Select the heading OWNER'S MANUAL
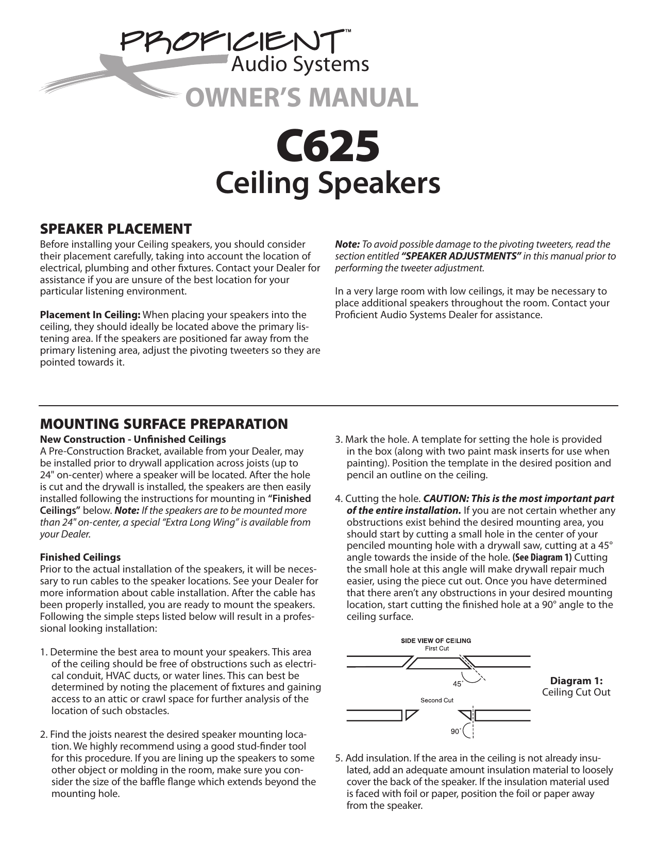pos(302,98)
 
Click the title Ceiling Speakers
pos(328,183)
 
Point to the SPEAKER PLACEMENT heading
pos(116,229)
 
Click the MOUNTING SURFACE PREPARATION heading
pos(164,424)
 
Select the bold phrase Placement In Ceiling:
pos(90,315)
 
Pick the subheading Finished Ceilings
pos(80,557)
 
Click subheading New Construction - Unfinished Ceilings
pos(133,439)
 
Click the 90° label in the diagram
pos(456,732)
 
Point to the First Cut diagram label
pos(436,649)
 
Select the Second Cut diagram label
pos(437,700)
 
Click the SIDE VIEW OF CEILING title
pos(436,641)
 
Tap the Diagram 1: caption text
pos(576,681)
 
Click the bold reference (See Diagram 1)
pos(542,558)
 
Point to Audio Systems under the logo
pos(299,64)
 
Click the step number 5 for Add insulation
pos(339,758)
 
